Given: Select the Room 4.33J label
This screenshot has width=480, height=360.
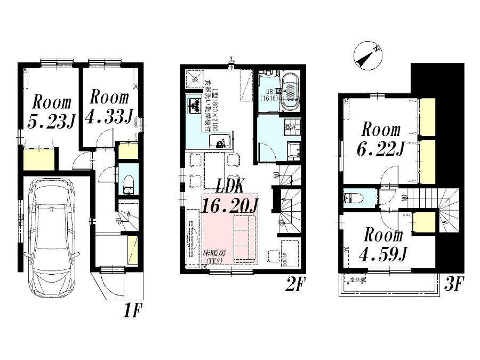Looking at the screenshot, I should tap(109, 107).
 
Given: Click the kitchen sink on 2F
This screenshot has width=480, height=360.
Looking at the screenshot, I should tap(220, 141).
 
